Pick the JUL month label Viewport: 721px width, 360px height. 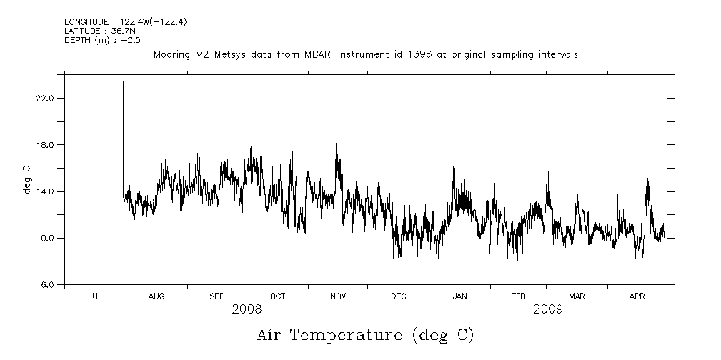(95, 296)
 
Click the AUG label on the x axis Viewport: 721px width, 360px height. (156, 296)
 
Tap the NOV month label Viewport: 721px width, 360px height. (338, 296)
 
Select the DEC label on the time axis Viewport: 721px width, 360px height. (398, 296)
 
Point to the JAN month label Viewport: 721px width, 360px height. (459, 296)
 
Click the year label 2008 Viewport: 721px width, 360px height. (247, 309)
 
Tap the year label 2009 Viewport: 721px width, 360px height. (548, 309)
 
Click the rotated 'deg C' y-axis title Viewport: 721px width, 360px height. (26, 179)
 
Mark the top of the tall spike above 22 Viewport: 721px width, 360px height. (123, 81)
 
